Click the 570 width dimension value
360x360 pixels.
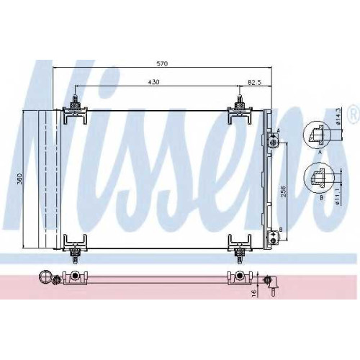point(162,63)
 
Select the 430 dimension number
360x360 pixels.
point(153,82)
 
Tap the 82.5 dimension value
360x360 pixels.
point(254,82)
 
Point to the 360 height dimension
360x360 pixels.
point(20,179)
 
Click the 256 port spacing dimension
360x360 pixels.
point(284,191)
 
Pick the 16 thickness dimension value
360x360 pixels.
point(255,292)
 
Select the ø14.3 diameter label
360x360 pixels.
point(338,117)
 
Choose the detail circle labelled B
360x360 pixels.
point(319,178)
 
